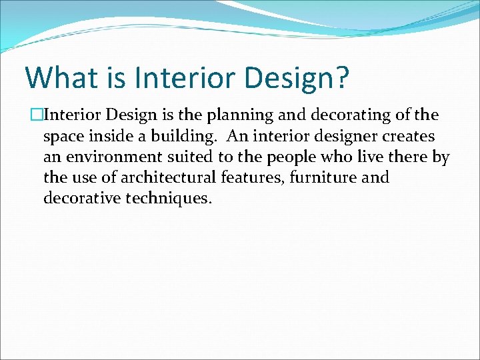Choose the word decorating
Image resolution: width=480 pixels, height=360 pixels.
pos(345,116)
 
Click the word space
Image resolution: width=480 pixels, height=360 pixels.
pos(63,137)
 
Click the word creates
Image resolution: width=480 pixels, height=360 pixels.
pos(411,137)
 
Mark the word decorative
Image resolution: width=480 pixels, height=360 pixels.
pos(83,199)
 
